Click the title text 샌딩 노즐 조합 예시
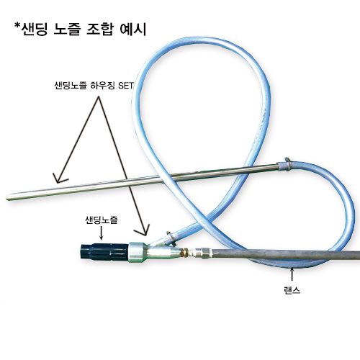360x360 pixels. pyautogui.click(x=84, y=30)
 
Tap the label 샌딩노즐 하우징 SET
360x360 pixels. pyautogui.click(x=94, y=86)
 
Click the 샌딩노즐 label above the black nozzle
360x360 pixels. pyautogui.click(x=102, y=220)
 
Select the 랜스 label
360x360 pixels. pyautogui.click(x=292, y=290)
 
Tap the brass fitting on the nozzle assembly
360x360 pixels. pyautogui.click(x=185, y=253)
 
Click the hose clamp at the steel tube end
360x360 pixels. pyautogui.click(x=287, y=164)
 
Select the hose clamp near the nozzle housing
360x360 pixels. pyautogui.click(x=171, y=238)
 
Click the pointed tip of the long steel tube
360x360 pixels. pyautogui.click(x=6, y=198)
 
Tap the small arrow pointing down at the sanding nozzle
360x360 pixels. pyautogui.click(x=102, y=233)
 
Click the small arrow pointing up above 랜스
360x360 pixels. pyautogui.click(x=292, y=274)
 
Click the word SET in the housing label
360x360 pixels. pyautogui.click(x=126, y=86)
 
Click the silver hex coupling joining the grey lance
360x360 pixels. pyautogui.click(x=203, y=253)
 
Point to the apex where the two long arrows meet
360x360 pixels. pyautogui.click(x=98, y=97)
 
